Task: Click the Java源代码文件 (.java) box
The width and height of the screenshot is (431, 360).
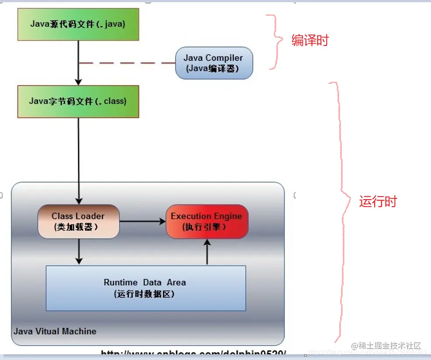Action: tap(78, 24)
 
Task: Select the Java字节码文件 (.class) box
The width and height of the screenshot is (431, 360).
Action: tap(78, 101)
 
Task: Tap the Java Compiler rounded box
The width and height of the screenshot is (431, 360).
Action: tap(214, 63)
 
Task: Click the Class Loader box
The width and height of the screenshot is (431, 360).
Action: tap(78, 222)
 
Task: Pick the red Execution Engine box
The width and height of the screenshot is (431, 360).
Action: tap(207, 222)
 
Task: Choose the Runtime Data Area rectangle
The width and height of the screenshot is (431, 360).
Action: tap(146, 288)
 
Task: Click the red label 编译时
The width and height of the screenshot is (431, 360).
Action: tap(310, 41)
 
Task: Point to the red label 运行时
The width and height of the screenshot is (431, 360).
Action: tap(378, 201)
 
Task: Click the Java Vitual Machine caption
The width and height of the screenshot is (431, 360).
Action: tap(55, 331)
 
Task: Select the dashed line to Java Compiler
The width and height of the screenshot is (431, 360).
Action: tap(127, 63)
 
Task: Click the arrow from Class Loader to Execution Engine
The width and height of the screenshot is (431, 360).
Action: tap(142, 222)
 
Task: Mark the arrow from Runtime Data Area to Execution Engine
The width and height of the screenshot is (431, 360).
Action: tap(207, 252)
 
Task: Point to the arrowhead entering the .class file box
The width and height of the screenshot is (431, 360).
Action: tap(79, 82)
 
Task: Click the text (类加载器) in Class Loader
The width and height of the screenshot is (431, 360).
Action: tap(76, 227)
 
